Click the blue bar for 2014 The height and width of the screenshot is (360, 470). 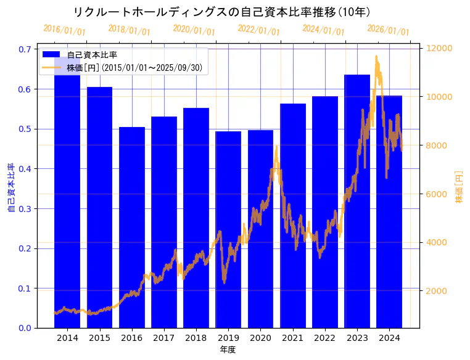67,197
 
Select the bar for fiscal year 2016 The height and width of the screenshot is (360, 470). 131,228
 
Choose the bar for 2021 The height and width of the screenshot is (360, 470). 293,216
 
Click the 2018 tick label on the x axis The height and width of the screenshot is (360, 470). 196,338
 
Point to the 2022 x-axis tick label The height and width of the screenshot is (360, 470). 325,338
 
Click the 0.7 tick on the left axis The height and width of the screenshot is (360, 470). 25,49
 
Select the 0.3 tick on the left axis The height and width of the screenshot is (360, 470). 25,209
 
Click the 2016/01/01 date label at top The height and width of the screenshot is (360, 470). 65,30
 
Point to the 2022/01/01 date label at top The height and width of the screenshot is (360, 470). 259,30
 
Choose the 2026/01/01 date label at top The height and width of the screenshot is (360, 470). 389,30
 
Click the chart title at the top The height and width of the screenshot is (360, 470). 221,12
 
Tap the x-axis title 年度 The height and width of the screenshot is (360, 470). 228,350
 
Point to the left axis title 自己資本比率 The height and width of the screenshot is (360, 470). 10,188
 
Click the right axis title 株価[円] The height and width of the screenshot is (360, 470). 459,188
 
